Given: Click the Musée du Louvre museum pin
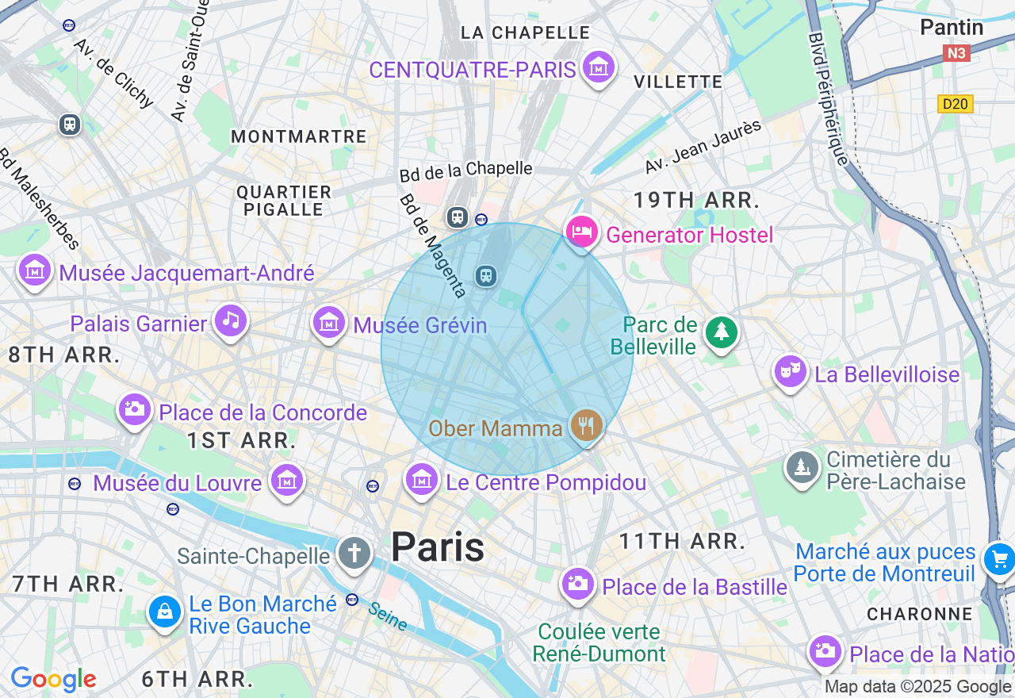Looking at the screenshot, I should point(286,481).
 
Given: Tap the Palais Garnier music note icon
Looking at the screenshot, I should point(230,320).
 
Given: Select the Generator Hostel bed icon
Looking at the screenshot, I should point(581,232).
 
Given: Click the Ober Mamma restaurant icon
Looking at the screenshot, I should point(586,426).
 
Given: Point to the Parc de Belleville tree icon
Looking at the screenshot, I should point(721,332).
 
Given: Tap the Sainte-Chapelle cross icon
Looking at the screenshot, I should point(354,553).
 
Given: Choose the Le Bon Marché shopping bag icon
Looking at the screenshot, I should point(164,612).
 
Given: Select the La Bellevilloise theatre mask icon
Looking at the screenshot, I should point(791,371).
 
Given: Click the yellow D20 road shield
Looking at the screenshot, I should point(955,104).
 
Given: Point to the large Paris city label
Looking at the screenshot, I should point(438,547).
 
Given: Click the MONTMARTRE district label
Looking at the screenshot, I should point(299,136).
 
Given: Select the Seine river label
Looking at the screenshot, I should point(388,616).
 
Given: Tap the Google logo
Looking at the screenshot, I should point(53,679).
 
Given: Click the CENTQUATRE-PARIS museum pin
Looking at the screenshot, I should point(599,68).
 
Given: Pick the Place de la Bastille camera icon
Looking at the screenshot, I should point(577,585).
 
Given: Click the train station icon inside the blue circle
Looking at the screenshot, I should point(485,275).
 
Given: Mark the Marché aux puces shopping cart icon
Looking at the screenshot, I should point(998,559).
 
